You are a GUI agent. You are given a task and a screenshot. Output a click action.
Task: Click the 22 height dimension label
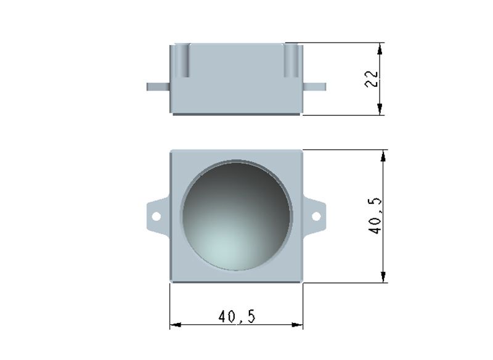(372, 79)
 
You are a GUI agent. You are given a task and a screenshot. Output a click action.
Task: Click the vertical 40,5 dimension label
(375, 216)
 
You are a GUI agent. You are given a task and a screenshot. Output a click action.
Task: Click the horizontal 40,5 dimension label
(237, 317)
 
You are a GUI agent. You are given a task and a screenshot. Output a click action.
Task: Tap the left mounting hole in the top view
(157, 216)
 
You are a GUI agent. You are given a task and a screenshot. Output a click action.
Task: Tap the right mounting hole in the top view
(316, 216)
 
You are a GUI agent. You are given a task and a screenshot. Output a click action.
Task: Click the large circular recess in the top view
(236, 216)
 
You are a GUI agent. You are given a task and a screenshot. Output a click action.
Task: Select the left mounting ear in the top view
(158, 216)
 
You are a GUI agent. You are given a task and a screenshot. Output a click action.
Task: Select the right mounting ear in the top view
(314, 216)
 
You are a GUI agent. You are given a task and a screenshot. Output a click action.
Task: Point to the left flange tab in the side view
(158, 87)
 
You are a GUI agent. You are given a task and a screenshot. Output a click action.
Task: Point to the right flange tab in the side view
(314, 87)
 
